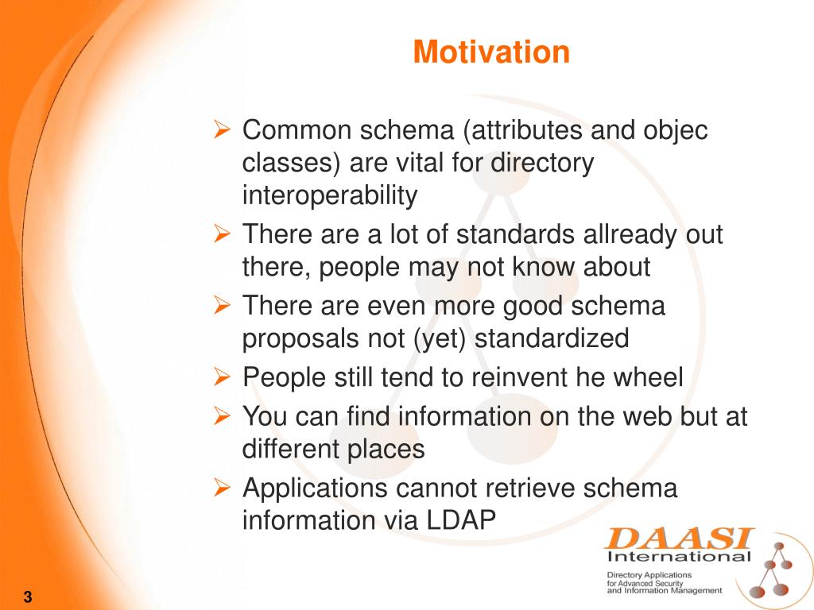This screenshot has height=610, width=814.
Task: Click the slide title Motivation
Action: coord(491,52)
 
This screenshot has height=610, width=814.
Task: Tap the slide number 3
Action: coord(28,596)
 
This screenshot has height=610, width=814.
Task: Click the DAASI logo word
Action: coord(679,539)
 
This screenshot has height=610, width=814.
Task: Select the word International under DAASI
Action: coord(679,557)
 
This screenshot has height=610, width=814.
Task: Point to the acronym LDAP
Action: coord(461,520)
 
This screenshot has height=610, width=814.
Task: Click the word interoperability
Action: coord(330,196)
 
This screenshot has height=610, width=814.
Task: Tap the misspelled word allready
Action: coord(630,235)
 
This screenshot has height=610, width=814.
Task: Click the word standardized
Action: coord(552,338)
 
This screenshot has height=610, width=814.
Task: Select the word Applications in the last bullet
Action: coord(315,488)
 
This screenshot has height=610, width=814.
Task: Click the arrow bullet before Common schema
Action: coord(222,129)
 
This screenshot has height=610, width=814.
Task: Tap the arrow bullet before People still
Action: coord(222,377)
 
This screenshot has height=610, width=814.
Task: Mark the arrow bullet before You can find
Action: coord(222,416)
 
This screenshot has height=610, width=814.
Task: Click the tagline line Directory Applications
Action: coord(649,575)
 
